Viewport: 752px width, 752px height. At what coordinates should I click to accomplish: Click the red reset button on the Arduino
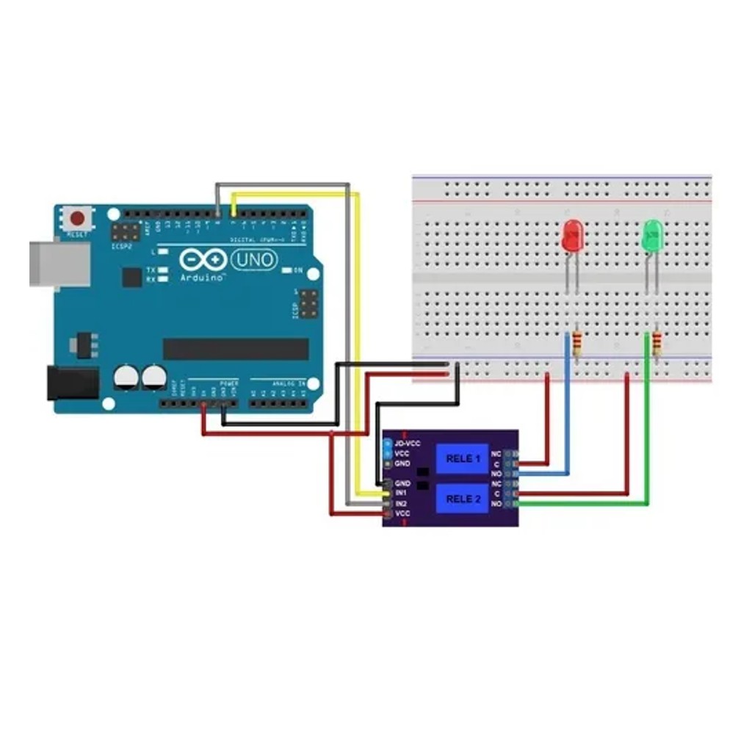pos(79,219)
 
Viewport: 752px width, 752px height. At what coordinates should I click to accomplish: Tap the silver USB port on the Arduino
pos(59,264)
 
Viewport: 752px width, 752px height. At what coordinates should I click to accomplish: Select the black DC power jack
pos(73,383)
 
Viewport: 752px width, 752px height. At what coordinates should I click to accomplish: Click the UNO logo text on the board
pos(254,259)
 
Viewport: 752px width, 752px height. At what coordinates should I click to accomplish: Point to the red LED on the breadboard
pos(572,236)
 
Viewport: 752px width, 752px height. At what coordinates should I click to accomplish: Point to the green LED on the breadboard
pos(652,236)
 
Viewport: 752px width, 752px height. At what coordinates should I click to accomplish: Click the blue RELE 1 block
pos(463,459)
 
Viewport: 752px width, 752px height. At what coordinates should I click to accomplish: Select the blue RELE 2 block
pos(463,499)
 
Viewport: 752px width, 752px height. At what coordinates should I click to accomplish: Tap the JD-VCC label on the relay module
pos(408,444)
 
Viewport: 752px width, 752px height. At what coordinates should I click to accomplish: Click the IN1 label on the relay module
pos(402,493)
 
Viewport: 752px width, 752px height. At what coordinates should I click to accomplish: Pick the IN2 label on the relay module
pos(402,504)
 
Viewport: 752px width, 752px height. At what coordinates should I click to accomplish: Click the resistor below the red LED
pos(577,343)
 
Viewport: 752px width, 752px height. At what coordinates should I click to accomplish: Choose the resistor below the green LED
pos(657,343)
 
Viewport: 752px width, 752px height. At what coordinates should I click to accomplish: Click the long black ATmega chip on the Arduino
pos(236,349)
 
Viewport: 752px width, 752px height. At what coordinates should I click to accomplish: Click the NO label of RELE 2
pos(496,504)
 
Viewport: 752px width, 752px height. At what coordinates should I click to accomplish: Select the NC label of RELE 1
pos(496,454)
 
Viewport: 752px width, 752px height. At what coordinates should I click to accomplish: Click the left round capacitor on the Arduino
pos(126,377)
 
